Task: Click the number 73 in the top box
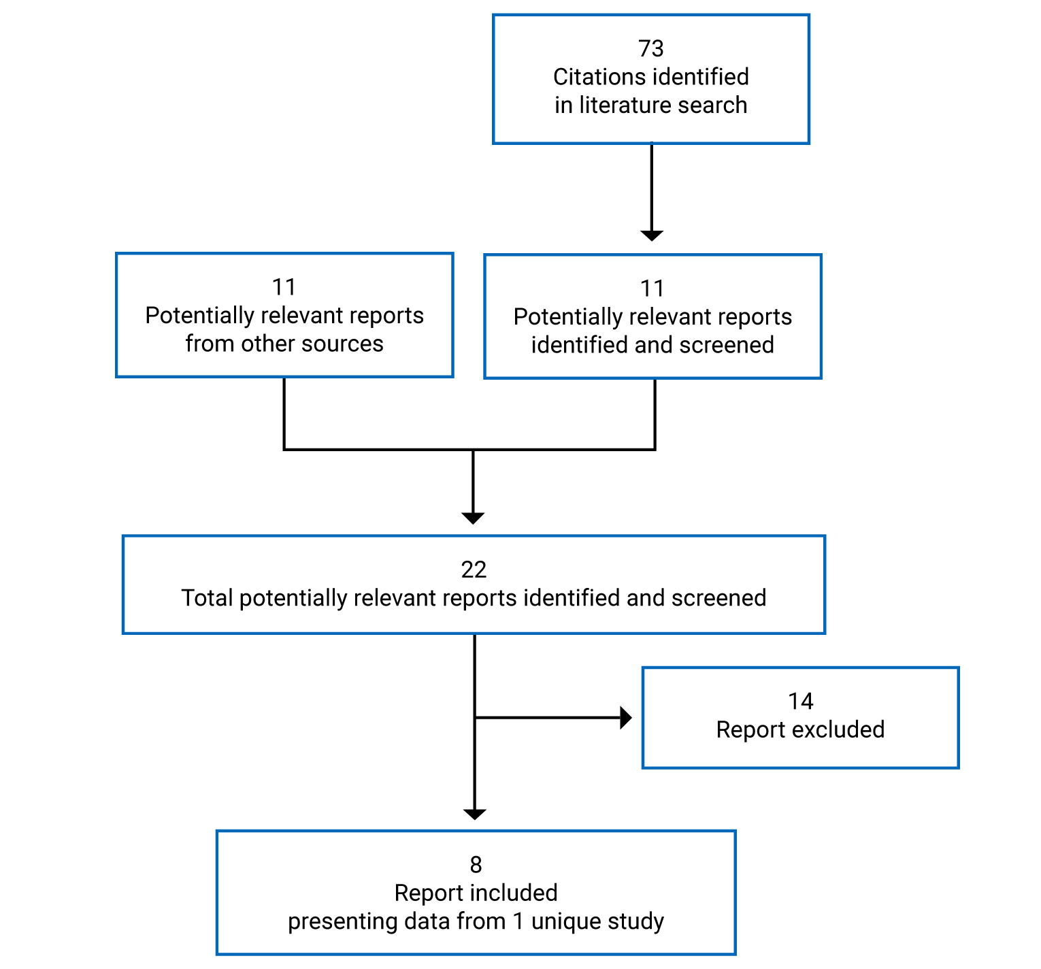pos(650,48)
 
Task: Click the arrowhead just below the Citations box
pos(652,235)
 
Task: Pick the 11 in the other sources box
pos(284,287)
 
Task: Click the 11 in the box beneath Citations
pos(652,289)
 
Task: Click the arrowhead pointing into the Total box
pos(473,518)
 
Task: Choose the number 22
pos(474,570)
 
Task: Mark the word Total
pos(207,598)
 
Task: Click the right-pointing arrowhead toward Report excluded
pos(626,717)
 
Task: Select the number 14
pos(800,701)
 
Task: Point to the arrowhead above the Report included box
pos(474,814)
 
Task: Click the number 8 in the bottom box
pos(476,865)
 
